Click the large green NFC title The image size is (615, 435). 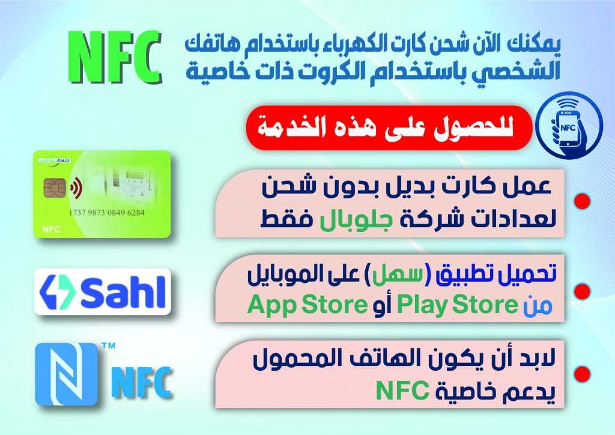point(115,57)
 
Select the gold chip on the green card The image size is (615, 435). point(55,187)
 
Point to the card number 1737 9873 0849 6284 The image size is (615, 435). point(107,213)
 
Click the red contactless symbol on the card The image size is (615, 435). point(76,187)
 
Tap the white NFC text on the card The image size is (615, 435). point(51,230)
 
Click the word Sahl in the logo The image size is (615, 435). point(123,292)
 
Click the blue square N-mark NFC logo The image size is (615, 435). point(66,374)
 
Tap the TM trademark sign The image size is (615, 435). point(108,346)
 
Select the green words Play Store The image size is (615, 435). point(457,305)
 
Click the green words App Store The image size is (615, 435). point(307,305)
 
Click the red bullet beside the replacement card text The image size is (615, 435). point(582,201)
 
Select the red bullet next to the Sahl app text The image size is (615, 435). point(582,291)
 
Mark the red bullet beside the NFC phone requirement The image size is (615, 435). point(582,374)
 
